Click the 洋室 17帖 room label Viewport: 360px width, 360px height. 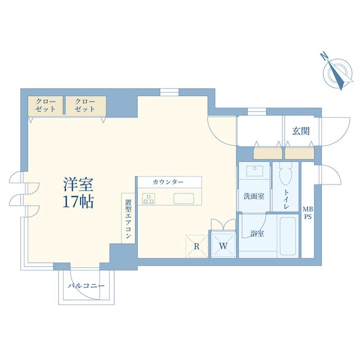point(78,193)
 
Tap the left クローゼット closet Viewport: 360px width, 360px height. point(46,105)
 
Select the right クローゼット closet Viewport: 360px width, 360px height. point(85,105)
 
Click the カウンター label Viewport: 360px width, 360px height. point(168,182)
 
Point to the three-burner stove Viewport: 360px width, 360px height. point(148,199)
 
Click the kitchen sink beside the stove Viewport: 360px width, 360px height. point(184,199)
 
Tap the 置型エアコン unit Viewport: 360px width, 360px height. point(128,218)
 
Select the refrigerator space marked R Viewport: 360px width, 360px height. point(197,246)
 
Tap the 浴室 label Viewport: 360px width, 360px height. point(257,234)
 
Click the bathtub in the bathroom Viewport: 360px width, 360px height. point(287,236)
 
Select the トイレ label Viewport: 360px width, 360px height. point(286,199)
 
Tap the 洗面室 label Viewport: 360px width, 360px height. point(254,196)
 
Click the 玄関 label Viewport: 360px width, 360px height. point(301,131)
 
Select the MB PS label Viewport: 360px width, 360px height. point(308,213)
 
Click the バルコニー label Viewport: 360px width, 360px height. point(86,286)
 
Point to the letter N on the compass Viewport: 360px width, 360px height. point(324,56)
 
